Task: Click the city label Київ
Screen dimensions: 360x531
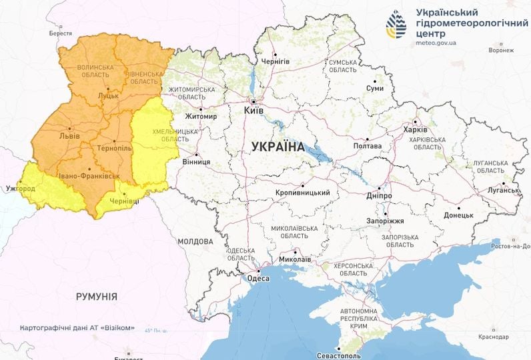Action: click(254, 111)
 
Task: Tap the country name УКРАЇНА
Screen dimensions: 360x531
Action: click(278, 147)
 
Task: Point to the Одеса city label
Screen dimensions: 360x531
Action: click(258, 279)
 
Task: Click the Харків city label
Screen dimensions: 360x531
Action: click(416, 130)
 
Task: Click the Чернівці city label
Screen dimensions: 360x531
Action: click(125, 201)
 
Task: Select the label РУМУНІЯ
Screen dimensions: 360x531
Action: click(97, 296)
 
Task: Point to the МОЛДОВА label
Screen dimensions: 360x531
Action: click(195, 241)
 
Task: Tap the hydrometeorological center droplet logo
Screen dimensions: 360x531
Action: click(396, 25)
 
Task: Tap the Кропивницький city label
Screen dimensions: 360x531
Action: click(303, 193)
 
